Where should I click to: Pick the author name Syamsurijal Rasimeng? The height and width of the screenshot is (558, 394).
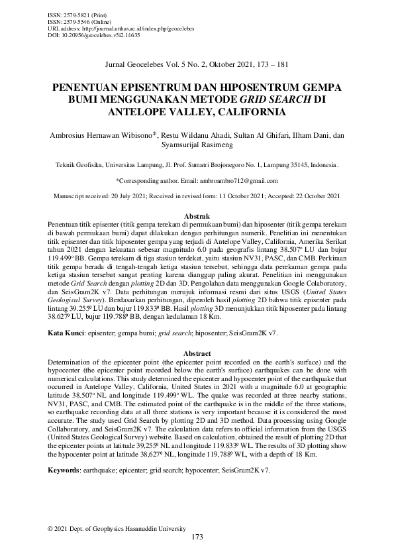click(x=197, y=146)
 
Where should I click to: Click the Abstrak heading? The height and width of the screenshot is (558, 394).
click(x=197, y=217)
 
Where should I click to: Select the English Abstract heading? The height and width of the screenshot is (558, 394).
click(x=197, y=354)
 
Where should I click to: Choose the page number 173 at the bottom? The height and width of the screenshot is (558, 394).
click(x=197, y=537)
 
